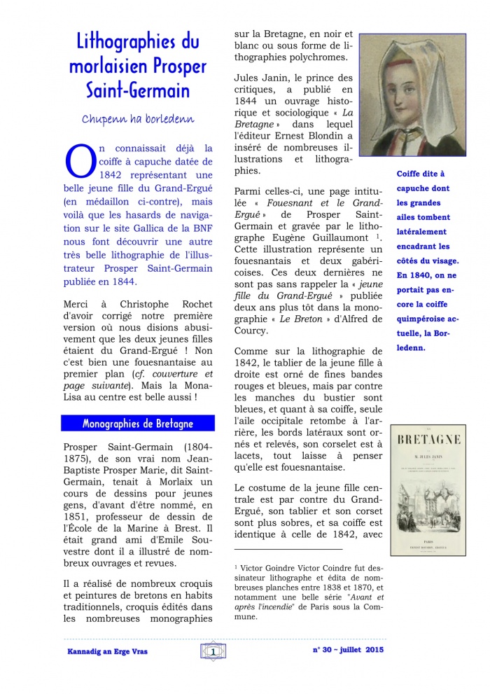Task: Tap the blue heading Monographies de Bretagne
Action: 137,424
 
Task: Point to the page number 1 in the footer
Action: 211,651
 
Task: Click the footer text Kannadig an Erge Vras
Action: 107,651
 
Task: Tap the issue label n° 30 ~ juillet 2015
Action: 348,650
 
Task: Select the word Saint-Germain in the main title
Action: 137,90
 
